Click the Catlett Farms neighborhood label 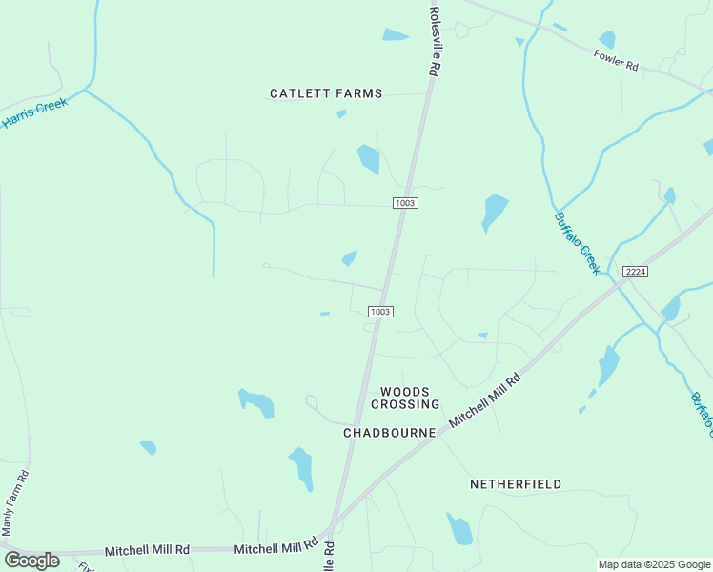(x=326, y=93)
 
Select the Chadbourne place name (x=389, y=433)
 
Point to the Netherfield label (x=516, y=484)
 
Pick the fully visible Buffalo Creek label (x=577, y=242)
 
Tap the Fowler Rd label (x=616, y=61)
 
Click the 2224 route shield (x=636, y=273)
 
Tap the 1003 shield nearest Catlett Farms (x=405, y=203)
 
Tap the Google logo (x=31, y=560)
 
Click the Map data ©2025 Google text (x=653, y=564)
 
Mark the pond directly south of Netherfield (x=460, y=529)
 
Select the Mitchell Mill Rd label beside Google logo (x=147, y=550)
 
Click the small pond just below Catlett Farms (x=341, y=114)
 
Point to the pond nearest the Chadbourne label (x=301, y=466)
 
